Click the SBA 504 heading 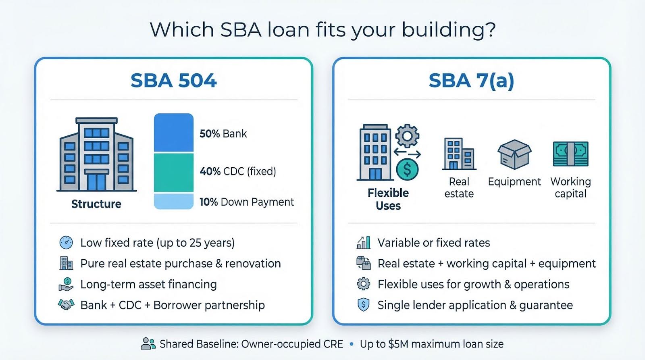coord(174,80)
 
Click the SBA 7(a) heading coord(471,81)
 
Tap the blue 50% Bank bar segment coord(174,133)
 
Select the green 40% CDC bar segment coord(174,173)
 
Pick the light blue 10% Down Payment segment coord(174,201)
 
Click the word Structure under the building coord(96,204)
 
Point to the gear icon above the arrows coord(407,136)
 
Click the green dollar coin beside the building coord(407,170)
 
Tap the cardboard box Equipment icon coord(514,154)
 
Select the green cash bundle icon coord(571,154)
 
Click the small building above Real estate coord(459,154)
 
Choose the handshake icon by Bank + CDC coord(66,305)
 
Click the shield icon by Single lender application coord(363,305)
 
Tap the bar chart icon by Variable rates coord(363,243)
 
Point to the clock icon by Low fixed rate coord(66,243)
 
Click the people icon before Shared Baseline coord(148,343)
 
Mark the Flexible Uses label coord(388,199)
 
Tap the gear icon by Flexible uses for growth coord(363,284)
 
